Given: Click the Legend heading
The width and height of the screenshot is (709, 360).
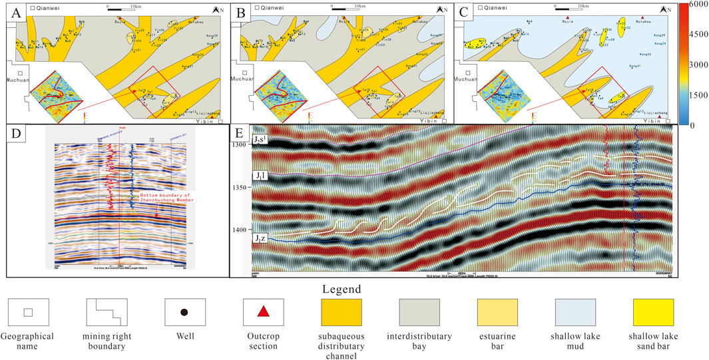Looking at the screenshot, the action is coord(340,289).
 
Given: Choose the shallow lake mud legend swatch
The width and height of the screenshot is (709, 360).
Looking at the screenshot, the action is coord(577,311).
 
